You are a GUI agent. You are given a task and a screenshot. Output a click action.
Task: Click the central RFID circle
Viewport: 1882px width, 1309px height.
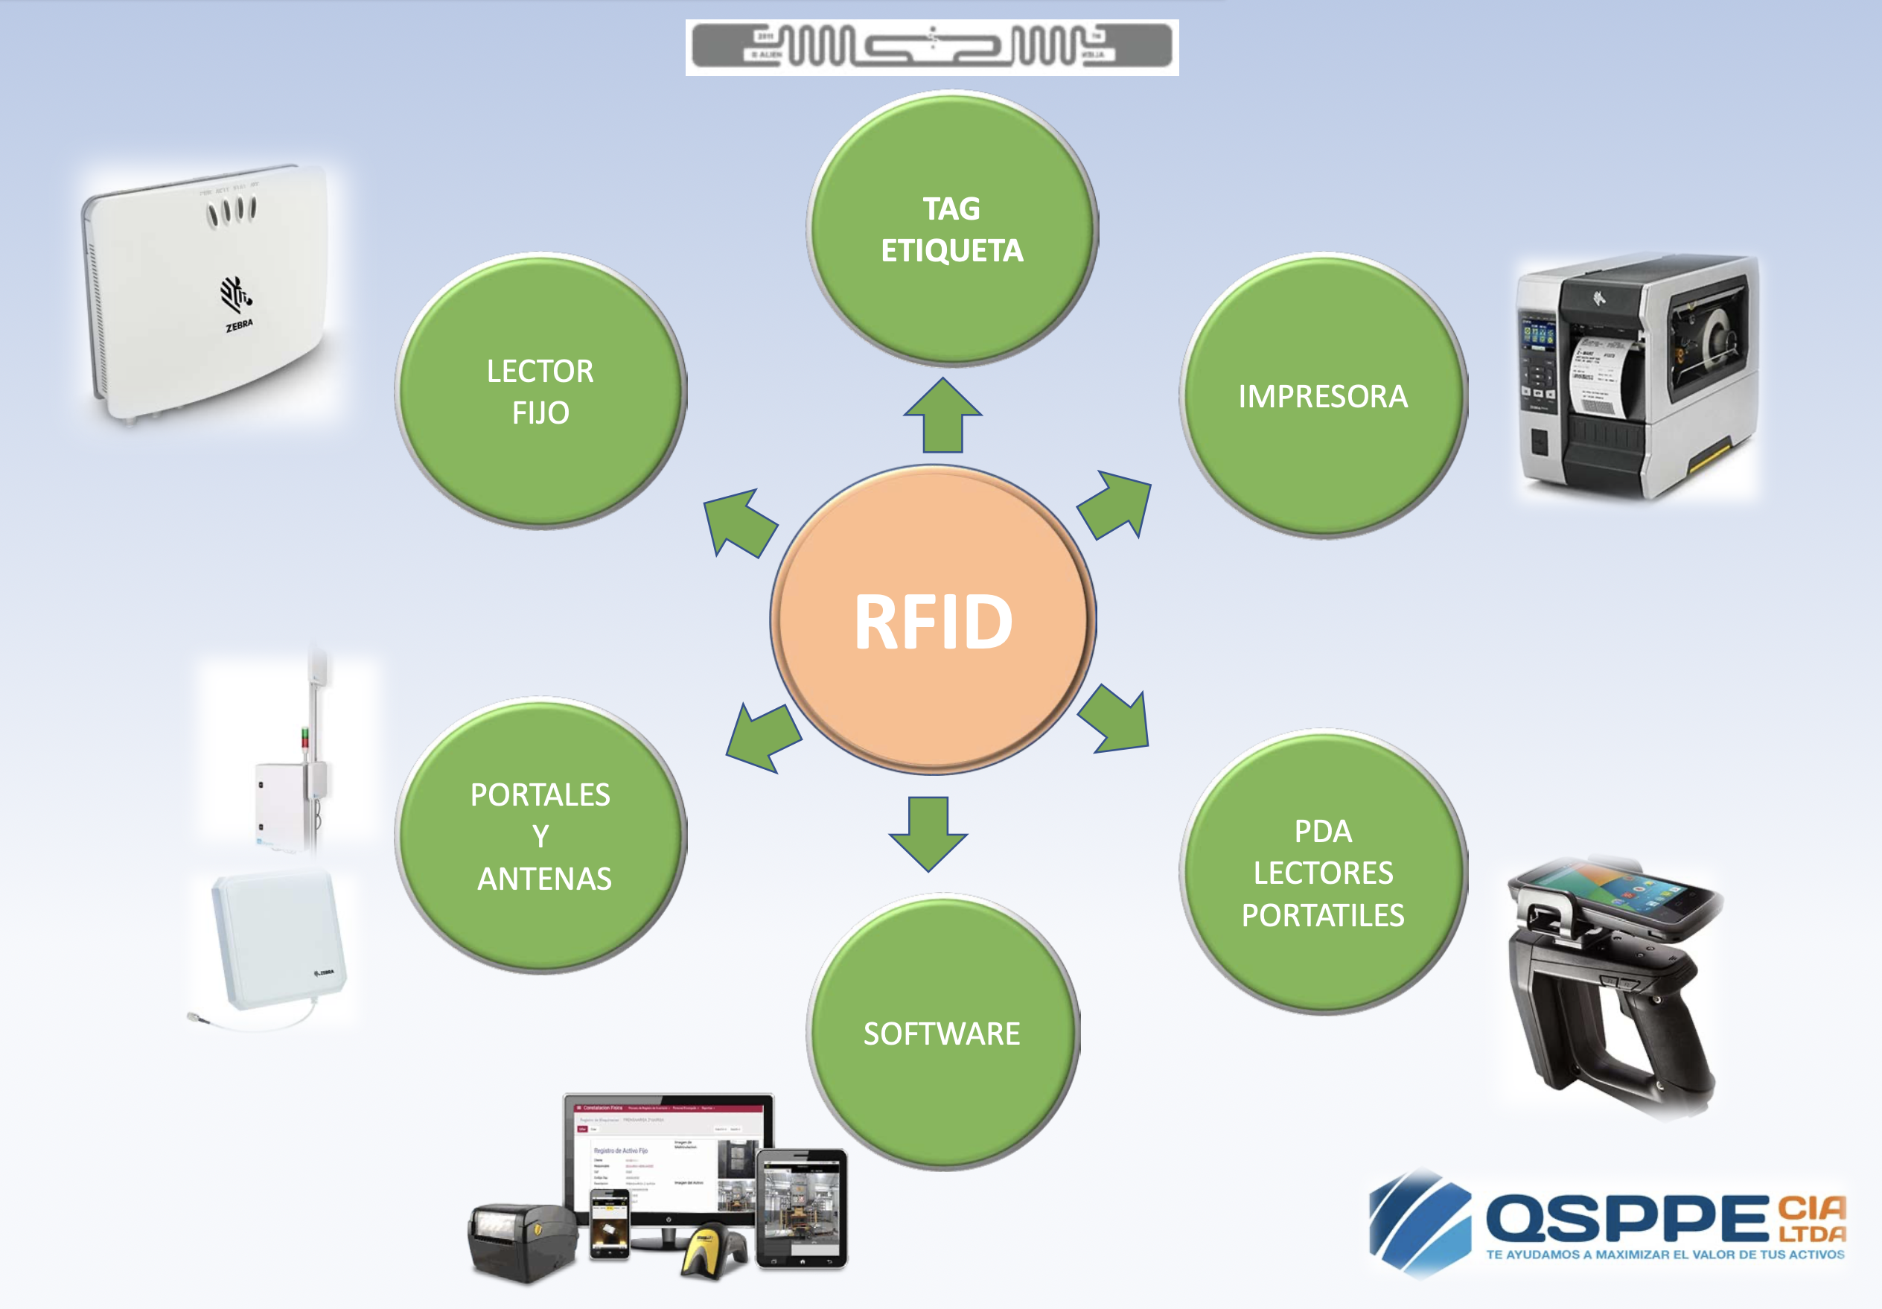(933, 620)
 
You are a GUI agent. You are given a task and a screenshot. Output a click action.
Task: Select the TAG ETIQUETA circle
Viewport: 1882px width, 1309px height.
(951, 229)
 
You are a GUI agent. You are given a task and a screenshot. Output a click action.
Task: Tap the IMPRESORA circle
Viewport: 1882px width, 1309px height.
(1323, 396)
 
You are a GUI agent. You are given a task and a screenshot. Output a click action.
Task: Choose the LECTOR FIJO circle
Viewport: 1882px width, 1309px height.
(540, 391)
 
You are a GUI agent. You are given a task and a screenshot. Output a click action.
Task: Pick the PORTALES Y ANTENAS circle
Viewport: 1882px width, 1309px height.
(540, 836)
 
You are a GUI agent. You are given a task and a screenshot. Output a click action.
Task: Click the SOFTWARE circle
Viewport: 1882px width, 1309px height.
(942, 1033)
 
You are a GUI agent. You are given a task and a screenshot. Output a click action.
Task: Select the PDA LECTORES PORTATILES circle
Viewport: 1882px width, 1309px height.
(1323, 873)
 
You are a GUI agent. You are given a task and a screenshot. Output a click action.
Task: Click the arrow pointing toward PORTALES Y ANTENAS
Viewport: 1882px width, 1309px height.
(762, 736)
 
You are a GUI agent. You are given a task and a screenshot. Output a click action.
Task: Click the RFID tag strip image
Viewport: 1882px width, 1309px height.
(932, 47)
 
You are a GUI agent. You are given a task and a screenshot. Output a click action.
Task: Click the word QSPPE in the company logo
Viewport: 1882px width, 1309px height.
(1627, 1218)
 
